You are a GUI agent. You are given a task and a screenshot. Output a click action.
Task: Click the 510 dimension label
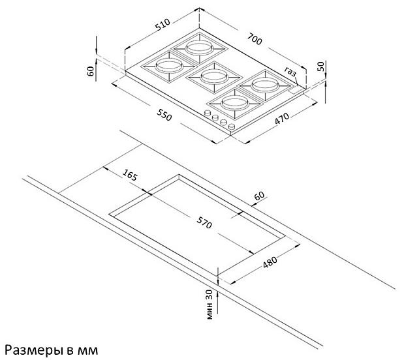pos(163,24)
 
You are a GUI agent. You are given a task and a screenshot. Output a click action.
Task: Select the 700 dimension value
pos(255,38)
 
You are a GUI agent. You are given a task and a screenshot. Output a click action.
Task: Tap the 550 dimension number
pos(164,115)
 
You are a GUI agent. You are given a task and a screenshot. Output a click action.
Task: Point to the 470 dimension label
pos(282,118)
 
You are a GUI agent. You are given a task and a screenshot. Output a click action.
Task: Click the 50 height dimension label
pos(320,67)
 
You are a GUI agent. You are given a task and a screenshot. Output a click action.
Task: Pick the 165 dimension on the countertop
pos(129,175)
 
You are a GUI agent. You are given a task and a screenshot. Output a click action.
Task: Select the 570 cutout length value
pos(204,222)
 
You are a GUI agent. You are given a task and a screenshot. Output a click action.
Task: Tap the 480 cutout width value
pos(270,262)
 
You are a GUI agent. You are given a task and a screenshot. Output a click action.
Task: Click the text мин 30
pos(210,305)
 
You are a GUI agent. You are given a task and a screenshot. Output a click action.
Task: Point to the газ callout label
pos(290,72)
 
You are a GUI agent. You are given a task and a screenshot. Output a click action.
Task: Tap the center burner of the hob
pos(214,77)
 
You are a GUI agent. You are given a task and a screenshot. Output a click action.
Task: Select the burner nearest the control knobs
pos(234,103)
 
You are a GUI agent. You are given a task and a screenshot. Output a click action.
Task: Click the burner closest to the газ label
pos(265,85)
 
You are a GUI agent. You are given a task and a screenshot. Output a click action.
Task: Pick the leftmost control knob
pos(207,113)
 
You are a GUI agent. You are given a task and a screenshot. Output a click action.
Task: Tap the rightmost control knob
pos(232,126)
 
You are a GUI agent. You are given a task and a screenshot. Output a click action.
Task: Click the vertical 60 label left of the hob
pos(91,71)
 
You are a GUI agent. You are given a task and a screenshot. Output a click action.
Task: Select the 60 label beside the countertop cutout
pos(259,196)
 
